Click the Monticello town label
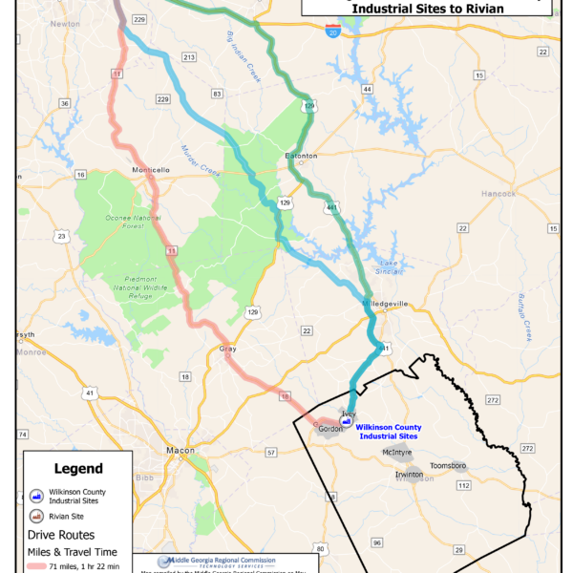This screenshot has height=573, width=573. coord(151,170)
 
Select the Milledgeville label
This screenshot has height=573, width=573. coord(385,303)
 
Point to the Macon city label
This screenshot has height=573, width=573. coord(180,450)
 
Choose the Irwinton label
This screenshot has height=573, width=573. coord(412,474)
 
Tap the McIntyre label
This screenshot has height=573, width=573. coord(398,452)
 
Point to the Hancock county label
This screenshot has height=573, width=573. coord(498,193)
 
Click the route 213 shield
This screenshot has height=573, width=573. coord(189,57)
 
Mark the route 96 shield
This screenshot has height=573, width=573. coord(377,542)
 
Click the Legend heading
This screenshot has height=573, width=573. coord(78,469)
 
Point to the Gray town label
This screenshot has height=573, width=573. coord(227,349)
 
